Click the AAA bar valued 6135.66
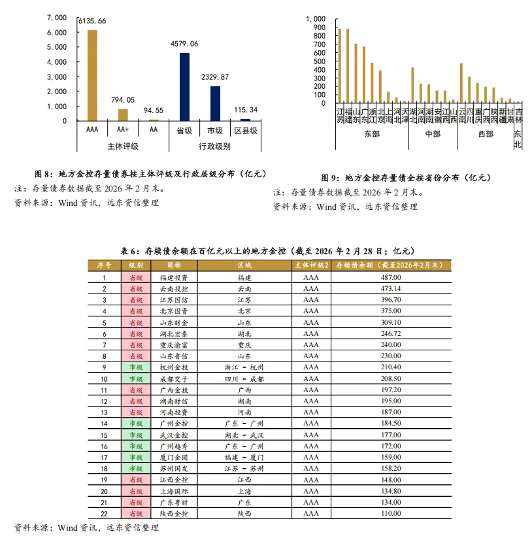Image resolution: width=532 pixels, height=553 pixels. point(92,75)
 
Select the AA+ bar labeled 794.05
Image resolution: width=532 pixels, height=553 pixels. point(123,114)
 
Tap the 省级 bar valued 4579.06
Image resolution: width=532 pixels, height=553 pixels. point(184,87)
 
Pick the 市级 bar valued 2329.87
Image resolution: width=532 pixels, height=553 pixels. point(215,103)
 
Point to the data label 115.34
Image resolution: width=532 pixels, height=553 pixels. point(245,109)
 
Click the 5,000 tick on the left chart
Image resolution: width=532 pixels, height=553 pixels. point(56,48)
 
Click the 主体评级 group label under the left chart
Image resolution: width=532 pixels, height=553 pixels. point(123,146)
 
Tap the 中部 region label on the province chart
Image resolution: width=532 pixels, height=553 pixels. point(432,134)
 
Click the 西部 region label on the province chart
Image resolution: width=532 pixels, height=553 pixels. point(485,134)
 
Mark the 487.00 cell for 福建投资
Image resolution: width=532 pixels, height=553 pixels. point(390,277)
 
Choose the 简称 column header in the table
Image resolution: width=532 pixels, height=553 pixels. point(173,265)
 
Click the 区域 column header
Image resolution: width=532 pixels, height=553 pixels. point(244,265)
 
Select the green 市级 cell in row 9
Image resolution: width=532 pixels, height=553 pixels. point(136,367)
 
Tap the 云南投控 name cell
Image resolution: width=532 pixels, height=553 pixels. point(173,288)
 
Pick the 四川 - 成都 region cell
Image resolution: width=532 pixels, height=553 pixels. point(244,378)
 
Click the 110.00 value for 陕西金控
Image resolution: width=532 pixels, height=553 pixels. point(390,514)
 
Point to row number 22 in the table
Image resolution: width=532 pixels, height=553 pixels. point(104,514)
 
